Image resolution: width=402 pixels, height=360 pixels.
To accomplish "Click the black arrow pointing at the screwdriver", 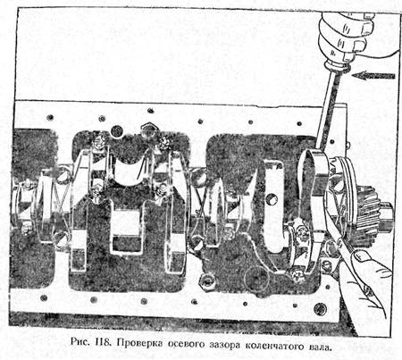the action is (x=373, y=76).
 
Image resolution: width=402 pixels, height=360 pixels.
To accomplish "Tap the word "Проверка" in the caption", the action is (x=139, y=344).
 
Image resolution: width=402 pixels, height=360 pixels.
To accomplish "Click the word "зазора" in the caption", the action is (x=225, y=345).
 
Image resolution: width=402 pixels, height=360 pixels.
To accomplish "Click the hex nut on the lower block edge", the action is (x=206, y=281).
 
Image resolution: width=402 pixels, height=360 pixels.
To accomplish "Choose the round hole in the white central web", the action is (x=272, y=199).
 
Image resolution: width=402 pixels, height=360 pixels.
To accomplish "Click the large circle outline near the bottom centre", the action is (x=255, y=277).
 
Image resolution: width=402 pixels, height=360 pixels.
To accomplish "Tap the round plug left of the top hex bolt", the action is (x=117, y=131).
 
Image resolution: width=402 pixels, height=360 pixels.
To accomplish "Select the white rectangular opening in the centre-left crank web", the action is (x=124, y=222).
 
